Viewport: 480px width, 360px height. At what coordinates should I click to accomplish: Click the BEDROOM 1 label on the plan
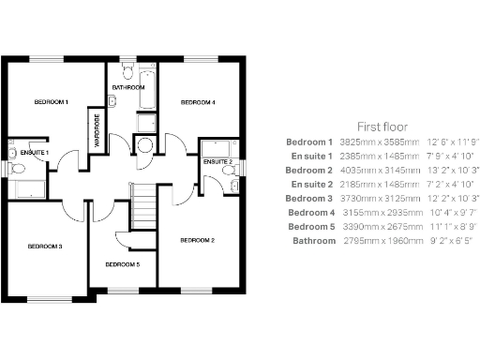coord(52,101)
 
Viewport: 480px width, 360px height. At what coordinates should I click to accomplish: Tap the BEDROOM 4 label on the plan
coord(198,101)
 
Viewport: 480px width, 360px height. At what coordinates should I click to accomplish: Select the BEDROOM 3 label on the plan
coord(44,247)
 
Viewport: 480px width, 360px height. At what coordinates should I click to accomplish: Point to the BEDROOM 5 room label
coord(122,265)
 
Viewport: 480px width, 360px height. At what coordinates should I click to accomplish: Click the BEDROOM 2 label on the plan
coord(198,241)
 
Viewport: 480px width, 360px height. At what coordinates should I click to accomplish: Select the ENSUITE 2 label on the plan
coord(218,162)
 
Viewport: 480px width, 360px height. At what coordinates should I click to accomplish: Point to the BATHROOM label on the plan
coord(127,87)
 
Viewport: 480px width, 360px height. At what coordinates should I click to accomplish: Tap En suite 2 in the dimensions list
coord(312,184)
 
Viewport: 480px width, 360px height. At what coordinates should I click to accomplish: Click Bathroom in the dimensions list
coord(313,241)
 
